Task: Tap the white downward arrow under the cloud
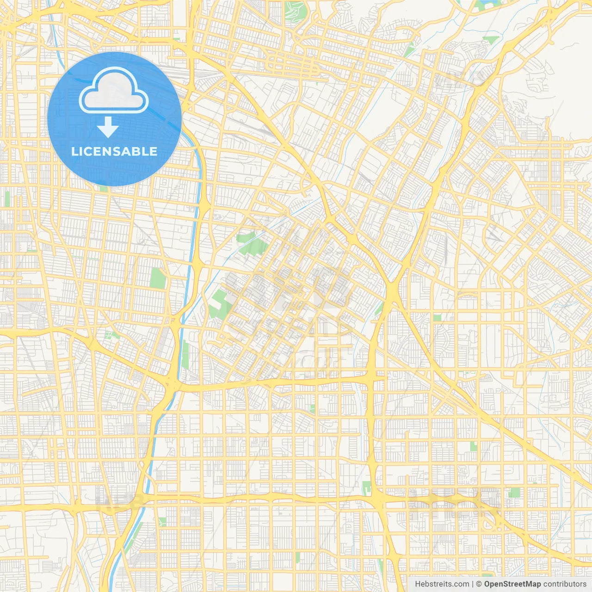coord(108,127)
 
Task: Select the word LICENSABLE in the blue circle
coord(114,151)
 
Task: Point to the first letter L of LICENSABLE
coord(74,151)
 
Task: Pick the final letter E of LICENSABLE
coord(153,151)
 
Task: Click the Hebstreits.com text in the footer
coord(442,584)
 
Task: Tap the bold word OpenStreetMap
coord(512,584)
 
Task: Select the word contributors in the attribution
coord(564,584)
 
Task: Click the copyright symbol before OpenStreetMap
coord(479,584)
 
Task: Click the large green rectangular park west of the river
coord(158,277)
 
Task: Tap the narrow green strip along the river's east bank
coord(185,354)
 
